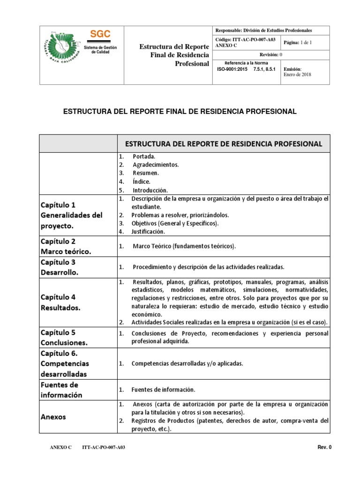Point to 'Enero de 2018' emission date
coord(297,74)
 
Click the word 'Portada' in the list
coord(144,156)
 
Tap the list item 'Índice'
coord(142,181)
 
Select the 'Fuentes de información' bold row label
coord(61,390)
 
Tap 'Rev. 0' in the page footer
coord(324,447)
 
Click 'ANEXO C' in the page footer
coord(60,448)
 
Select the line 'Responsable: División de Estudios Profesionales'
coord(263,30)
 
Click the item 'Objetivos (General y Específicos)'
coord(175,223)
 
